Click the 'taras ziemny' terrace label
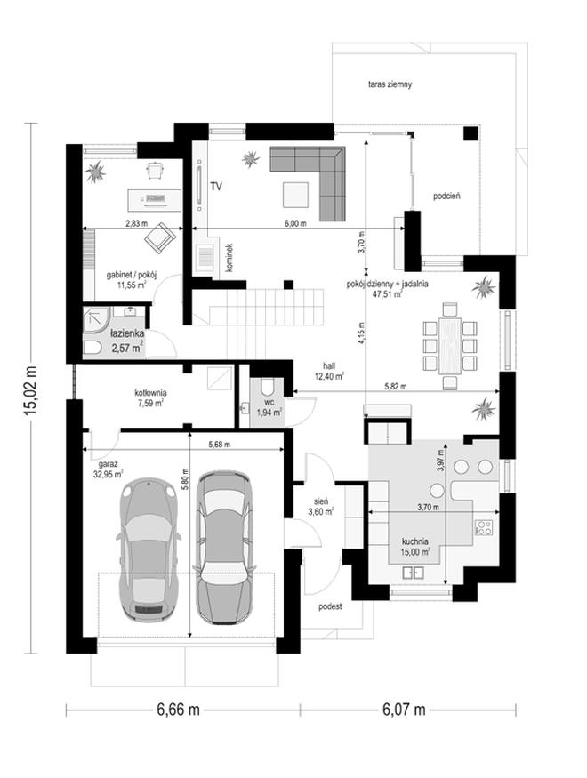(x=390, y=84)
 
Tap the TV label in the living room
(x=216, y=187)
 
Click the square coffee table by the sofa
(x=296, y=195)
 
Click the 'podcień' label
(x=446, y=196)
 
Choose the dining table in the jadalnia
(x=449, y=345)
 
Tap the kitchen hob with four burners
(x=483, y=527)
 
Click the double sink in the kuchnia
(x=414, y=573)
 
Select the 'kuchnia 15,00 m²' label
(x=416, y=546)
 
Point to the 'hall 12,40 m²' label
(x=329, y=371)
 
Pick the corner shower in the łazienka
(x=95, y=317)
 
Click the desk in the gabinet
(x=155, y=198)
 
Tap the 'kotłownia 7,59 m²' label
(x=150, y=398)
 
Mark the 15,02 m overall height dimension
(x=31, y=388)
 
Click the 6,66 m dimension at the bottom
(x=178, y=710)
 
